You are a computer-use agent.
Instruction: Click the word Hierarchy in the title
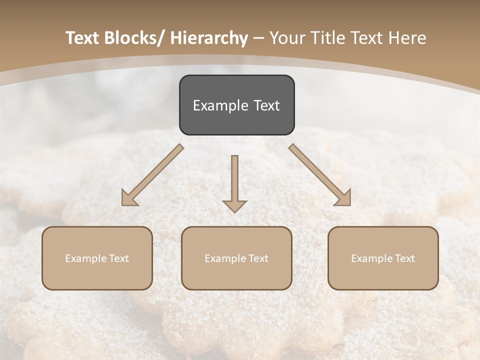point(209,38)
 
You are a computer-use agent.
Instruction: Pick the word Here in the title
point(407,38)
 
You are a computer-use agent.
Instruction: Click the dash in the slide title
point(258,38)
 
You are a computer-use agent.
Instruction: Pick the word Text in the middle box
point(258,258)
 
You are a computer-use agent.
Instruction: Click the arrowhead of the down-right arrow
point(344,198)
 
